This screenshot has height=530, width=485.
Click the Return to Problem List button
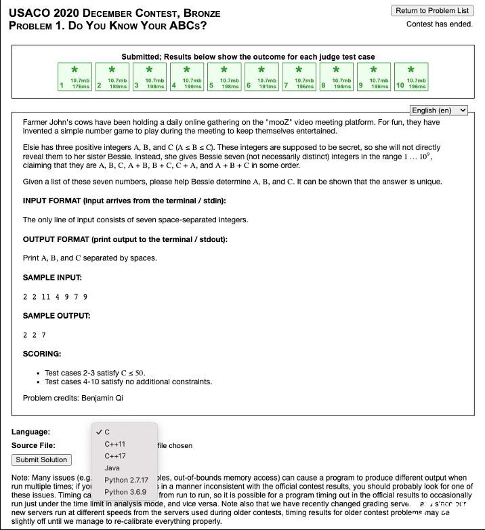click(x=432, y=10)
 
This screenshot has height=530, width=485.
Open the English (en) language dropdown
click(x=439, y=110)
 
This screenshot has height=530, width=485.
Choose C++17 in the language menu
click(x=115, y=456)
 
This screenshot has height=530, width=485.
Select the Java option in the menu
click(x=112, y=468)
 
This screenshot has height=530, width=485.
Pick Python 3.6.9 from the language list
click(x=125, y=492)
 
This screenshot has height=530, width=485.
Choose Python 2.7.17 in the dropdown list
click(x=125, y=480)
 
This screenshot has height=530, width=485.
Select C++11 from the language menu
click(x=115, y=444)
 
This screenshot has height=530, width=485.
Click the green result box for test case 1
click(x=75, y=76)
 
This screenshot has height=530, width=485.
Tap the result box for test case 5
click(x=224, y=76)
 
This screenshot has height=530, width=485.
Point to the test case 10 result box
click(x=410, y=76)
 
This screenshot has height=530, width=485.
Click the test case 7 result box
click(x=299, y=76)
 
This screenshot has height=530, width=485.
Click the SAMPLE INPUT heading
click(x=52, y=278)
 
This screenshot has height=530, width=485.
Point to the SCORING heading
click(x=42, y=354)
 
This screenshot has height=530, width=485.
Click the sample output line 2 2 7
click(x=35, y=335)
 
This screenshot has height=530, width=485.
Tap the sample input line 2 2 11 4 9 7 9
click(x=55, y=297)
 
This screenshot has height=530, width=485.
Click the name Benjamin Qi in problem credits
click(x=102, y=398)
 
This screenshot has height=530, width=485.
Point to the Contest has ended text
click(x=440, y=24)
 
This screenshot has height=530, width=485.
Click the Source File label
click(x=33, y=445)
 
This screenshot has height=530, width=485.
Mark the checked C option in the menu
click(x=107, y=432)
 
